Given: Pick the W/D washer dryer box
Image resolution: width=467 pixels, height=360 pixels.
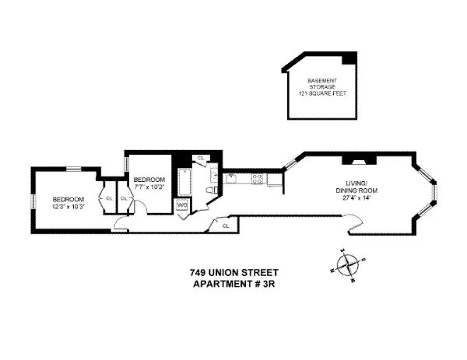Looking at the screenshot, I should [183, 205].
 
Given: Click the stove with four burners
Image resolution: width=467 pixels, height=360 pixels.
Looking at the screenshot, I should [258, 180].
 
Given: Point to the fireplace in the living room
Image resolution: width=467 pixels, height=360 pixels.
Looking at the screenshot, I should [359, 160].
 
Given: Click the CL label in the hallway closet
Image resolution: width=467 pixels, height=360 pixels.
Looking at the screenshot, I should [225, 225].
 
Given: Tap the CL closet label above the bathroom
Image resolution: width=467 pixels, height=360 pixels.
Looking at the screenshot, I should [200, 159].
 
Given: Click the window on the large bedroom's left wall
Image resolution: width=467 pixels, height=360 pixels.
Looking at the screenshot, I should [32, 201].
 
